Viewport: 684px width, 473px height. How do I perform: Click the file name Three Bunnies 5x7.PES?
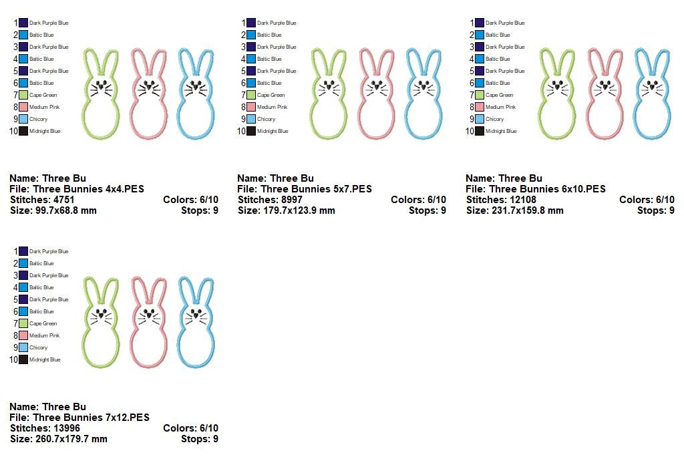[316, 189]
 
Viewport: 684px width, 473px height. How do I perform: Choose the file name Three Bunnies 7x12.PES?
[91, 418]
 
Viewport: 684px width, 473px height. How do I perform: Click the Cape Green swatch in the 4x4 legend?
[23, 95]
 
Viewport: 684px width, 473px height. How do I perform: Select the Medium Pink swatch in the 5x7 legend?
[251, 107]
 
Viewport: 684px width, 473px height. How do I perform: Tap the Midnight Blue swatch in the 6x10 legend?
[480, 131]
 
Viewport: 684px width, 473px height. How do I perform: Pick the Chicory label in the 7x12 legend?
[38, 348]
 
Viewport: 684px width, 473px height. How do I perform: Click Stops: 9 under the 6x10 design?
[656, 210]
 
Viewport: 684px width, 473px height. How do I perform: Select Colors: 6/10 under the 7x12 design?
[190, 428]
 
